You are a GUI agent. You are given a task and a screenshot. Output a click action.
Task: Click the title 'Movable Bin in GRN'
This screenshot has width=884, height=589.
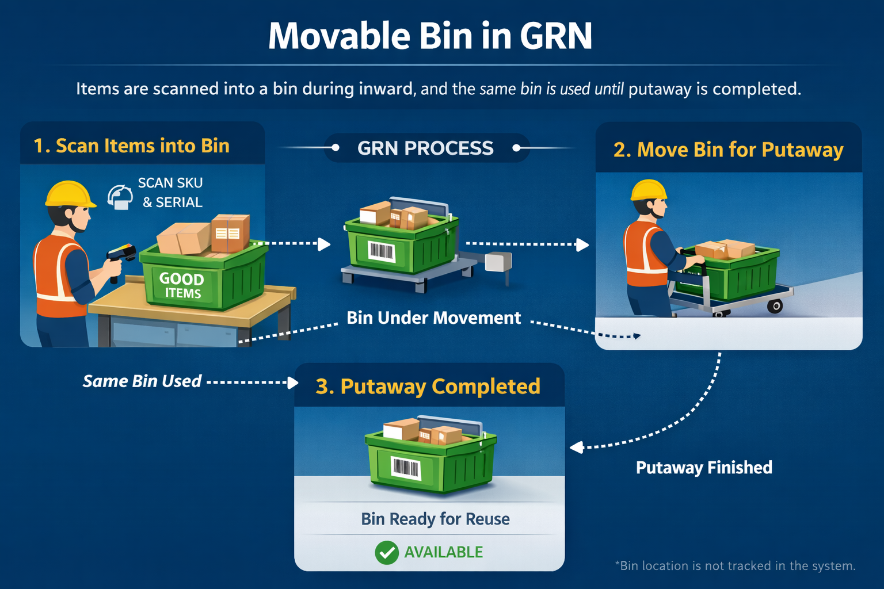(430, 36)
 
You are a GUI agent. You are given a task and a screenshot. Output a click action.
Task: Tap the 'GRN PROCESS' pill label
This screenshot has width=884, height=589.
(425, 148)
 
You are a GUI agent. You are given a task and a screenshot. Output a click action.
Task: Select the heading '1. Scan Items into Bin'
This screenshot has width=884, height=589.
(131, 146)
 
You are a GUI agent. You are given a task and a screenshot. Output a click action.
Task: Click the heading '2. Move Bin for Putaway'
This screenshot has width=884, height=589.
(728, 150)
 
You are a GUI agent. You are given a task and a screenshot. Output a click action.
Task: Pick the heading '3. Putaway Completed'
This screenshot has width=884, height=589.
(428, 387)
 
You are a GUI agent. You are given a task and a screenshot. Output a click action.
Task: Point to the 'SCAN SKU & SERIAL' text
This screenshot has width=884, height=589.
(171, 193)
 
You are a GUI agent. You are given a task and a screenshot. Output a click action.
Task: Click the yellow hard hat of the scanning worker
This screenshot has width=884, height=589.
(70, 194)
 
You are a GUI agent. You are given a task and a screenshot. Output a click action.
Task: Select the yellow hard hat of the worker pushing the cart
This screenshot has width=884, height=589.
(649, 190)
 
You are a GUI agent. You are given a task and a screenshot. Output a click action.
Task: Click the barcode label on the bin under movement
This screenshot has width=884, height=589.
(381, 251)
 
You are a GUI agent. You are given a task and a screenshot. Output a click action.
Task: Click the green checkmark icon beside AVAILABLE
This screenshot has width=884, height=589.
(387, 553)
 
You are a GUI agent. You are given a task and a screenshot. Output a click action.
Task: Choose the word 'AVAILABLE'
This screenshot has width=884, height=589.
(443, 552)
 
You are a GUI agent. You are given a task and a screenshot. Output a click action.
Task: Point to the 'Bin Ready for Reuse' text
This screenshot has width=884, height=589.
(435, 519)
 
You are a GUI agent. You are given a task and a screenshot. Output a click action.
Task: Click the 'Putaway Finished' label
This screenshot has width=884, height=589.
(704, 468)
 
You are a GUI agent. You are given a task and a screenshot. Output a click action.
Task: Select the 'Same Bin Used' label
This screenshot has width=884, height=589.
(142, 381)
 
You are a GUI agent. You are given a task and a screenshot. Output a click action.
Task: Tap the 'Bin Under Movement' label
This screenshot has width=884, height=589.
(433, 318)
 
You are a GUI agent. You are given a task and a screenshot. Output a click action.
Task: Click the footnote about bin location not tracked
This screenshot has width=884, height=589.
(735, 566)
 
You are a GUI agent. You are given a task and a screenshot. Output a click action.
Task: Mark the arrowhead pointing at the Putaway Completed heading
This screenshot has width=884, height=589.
(293, 383)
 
